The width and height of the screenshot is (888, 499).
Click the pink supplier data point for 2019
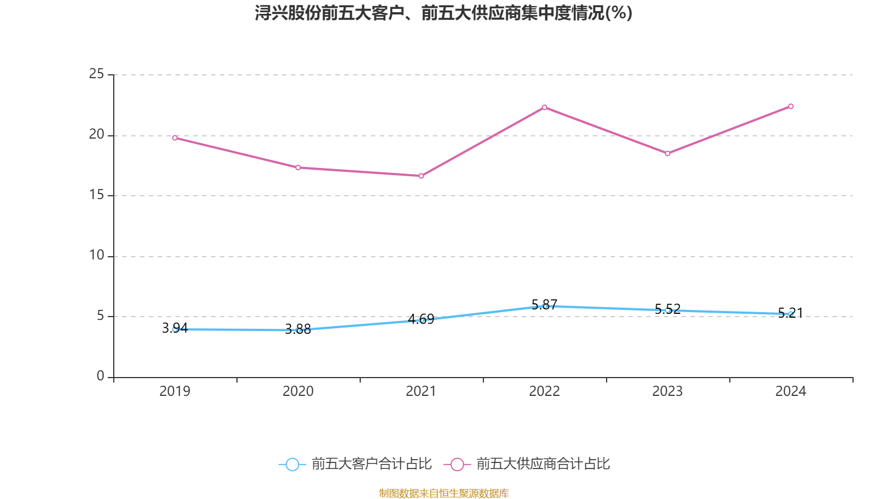click(x=175, y=138)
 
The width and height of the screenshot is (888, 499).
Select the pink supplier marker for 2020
click(x=298, y=167)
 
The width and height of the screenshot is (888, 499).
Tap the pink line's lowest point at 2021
click(x=421, y=176)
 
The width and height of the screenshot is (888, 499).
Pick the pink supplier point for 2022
click(x=544, y=107)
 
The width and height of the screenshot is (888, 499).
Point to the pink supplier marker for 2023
click(x=668, y=153)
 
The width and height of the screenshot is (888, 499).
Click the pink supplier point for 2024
click(x=791, y=106)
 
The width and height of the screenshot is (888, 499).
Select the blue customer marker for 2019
click(x=175, y=329)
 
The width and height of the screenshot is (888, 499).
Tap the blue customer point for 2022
click(x=544, y=306)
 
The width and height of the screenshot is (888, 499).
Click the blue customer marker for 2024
click(x=791, y=314)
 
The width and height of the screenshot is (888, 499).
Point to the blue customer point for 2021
click(x=421, y=320)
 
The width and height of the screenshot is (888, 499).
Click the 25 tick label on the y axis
click(x=97, y=74)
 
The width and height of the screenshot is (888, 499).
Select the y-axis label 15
click(x=97, y=195)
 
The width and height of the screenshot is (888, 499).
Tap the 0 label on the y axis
click(x=100, y=376)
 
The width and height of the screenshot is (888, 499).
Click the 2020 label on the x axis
click(x=298, y=391)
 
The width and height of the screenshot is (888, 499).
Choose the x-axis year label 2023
click(x=668, y=391)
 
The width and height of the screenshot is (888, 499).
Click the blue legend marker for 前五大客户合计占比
click(x=292, y=464)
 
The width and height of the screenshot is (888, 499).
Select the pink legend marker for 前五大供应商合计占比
click(x=457, y=464)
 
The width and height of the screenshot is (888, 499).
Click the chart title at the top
click(x=443, y=13)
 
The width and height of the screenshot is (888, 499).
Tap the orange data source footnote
click(x=443, y=493)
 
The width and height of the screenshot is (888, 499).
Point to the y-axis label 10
click(x=97, y=256)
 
